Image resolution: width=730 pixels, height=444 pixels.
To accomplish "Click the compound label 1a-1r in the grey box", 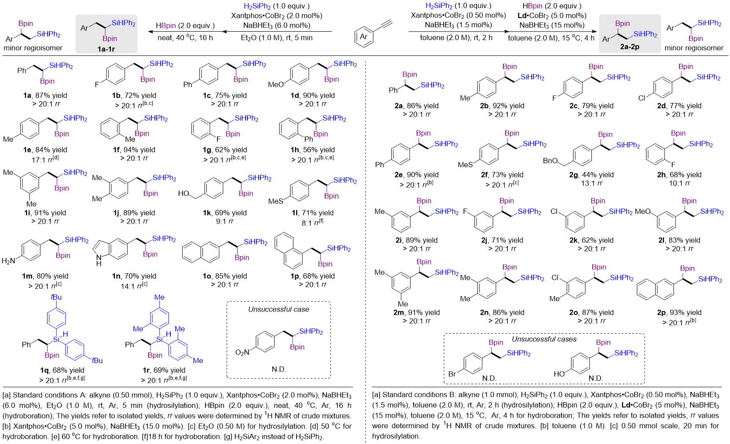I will coord(106,49).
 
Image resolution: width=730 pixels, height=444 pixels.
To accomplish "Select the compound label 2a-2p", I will coord(630,47).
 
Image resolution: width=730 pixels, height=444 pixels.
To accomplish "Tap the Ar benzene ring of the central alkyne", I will coord(364,37).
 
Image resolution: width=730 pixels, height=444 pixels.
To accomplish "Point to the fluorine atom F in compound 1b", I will coord(97,84).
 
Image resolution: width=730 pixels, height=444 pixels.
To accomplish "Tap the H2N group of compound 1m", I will coord(8,261).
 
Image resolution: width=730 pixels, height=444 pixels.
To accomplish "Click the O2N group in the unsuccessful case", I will coord(242,352).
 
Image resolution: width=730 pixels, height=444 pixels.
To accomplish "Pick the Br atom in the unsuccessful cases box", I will coord(452,374).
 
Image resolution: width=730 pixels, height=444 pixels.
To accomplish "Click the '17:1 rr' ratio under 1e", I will coord(45,159).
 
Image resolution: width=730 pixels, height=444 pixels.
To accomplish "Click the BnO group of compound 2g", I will coord(550,161).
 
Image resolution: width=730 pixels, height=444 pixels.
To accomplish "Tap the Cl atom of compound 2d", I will coord(642,98).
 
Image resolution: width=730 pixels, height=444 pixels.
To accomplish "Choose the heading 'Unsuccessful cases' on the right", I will coord(544,339).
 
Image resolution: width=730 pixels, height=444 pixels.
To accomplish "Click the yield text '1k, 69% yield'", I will coord(224,213).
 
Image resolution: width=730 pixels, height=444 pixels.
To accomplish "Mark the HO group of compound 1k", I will coord(183,194).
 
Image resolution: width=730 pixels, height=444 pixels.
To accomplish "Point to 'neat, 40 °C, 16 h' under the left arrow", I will coord(185,38).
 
